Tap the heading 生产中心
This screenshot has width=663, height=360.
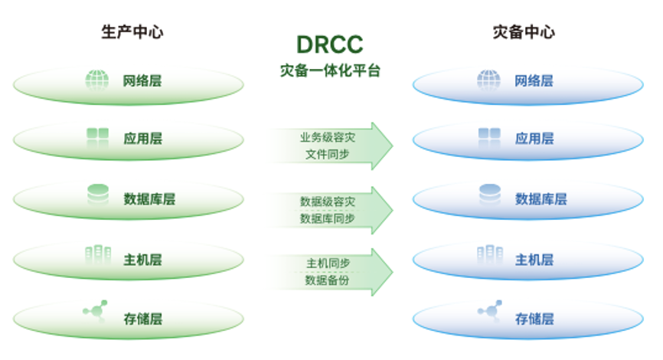pyautogui.click(x=132, y=31)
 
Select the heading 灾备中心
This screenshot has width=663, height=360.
pyautogui.click(x=524, y=31)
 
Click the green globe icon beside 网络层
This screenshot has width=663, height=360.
pyautogui.click(x=97, y=80)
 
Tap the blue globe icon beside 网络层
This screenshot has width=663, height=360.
pyautogui.click(x=488, y=80)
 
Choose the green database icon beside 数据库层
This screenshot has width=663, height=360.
pyautogui.click(x=97, y=197)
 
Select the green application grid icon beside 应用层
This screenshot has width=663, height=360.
pyautogui.click(x=97, y=138)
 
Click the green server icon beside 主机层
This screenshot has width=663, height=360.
pyautogui.click(x=97, y=256)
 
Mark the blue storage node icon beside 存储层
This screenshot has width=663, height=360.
pyautogui.click(x=488, y=313)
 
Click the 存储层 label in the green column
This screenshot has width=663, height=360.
pyautogui.click(x=143, y=319)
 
